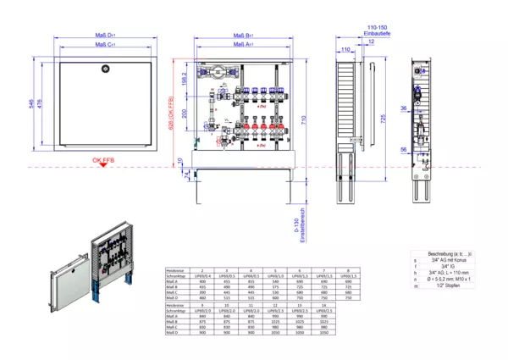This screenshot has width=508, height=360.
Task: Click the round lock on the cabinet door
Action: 105,66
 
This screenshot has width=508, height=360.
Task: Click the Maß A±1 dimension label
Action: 243,43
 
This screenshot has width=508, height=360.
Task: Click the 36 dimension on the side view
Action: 405,109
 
